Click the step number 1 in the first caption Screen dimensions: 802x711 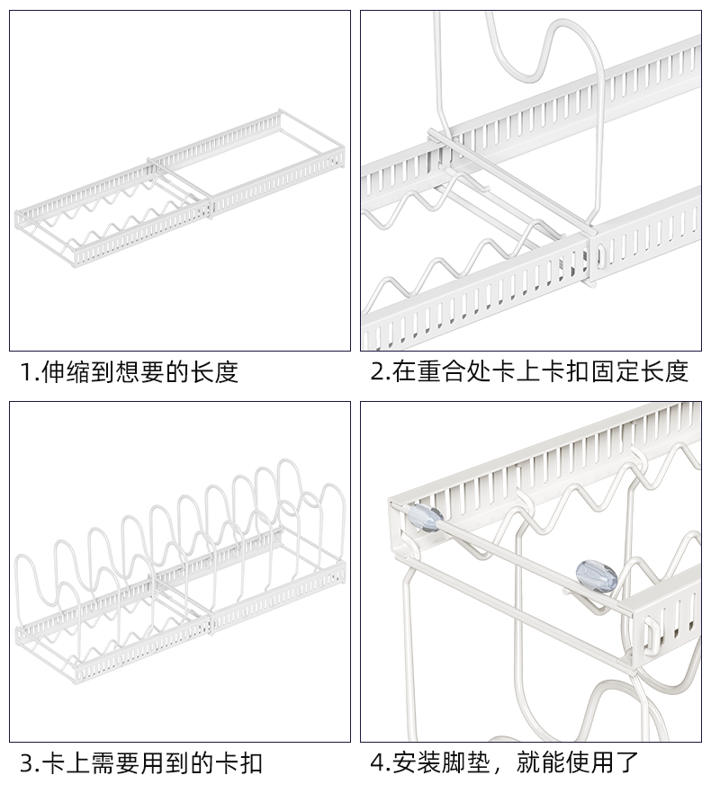[27, 371]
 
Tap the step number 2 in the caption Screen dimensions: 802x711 [377, 371]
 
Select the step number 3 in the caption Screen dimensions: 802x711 [28, 764]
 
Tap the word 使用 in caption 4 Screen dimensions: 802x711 [590, 764]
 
